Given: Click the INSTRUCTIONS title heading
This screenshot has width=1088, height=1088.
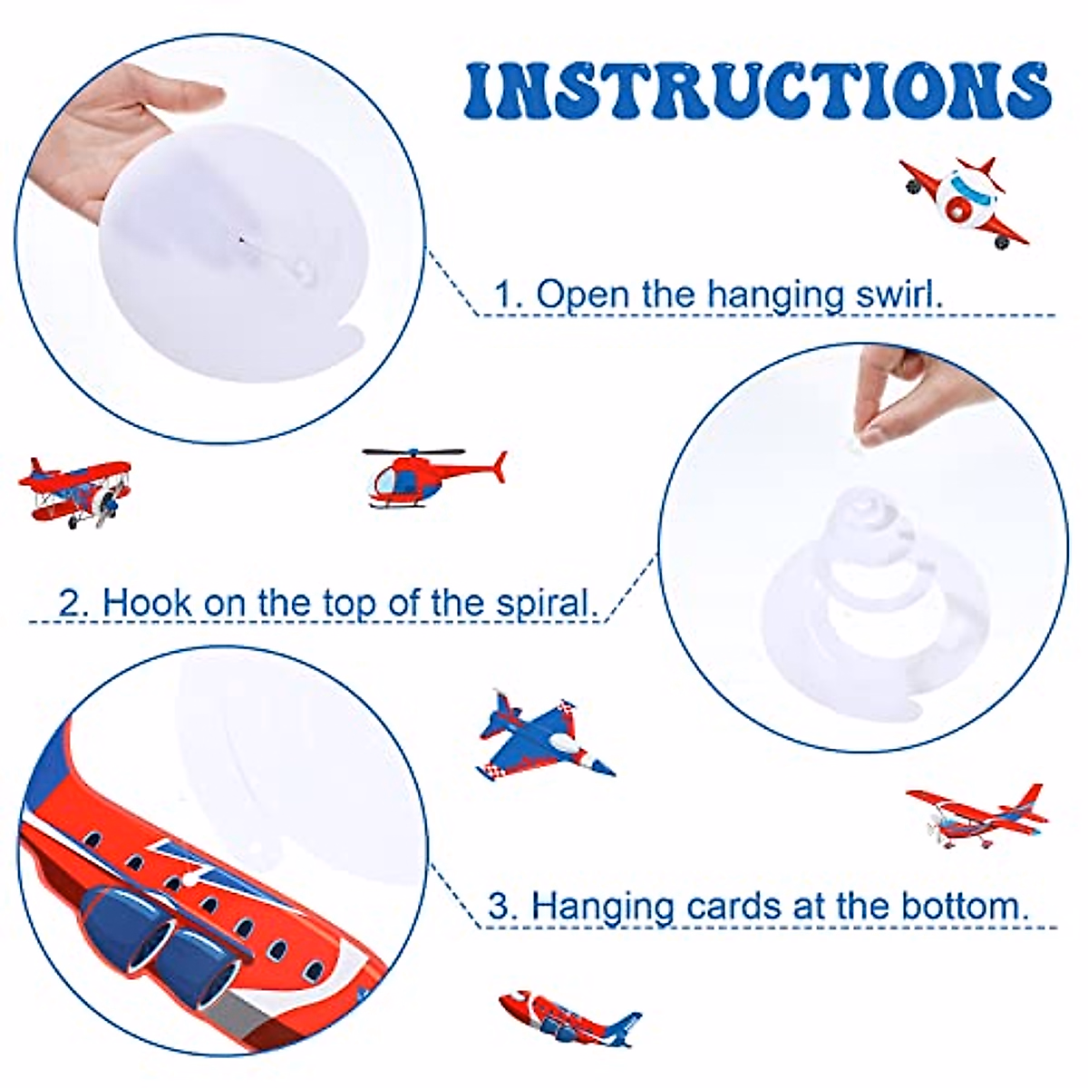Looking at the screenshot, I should coord(758,91).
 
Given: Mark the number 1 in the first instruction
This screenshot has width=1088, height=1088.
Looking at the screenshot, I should coord(504,295).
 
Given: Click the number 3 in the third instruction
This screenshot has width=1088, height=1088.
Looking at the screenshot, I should coord(499,906).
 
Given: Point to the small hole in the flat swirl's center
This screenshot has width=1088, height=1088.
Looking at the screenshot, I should coord(241,239).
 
